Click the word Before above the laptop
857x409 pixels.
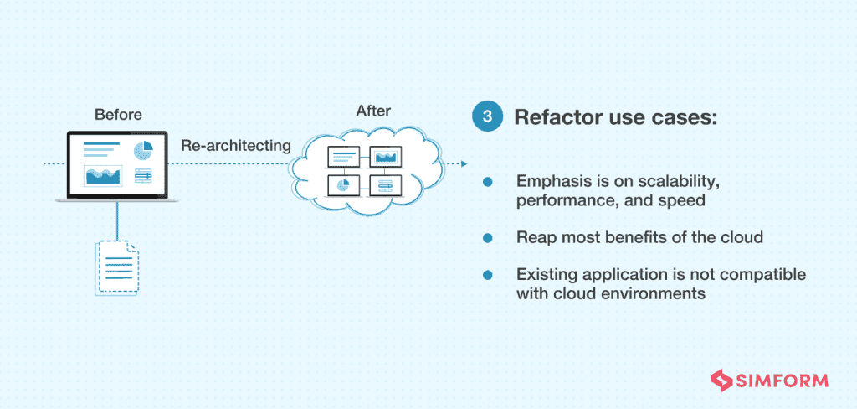[x=118, y=114]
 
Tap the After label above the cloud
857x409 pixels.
[x=373, y=111]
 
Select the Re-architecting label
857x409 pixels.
[x=236, y=145]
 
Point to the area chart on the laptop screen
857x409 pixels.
[x=103, y=175]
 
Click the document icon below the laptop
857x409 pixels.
[x=116, y=267]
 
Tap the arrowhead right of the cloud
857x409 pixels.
[x=463, y=164]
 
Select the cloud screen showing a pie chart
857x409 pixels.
[x=342, y=184]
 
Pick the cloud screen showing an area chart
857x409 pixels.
[x=386, y=156]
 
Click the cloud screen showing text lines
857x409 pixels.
[x=342, y=156]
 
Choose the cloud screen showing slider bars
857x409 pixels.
[x=386, y=184]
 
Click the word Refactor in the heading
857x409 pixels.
[x=552, y=116]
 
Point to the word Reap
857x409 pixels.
[x=536, y=237]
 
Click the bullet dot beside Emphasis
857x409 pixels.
[x=486, y=182]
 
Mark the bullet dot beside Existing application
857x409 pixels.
[x=486, y=275]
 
